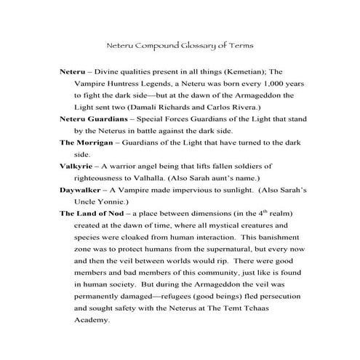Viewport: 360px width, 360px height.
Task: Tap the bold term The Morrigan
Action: [86, 142]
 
